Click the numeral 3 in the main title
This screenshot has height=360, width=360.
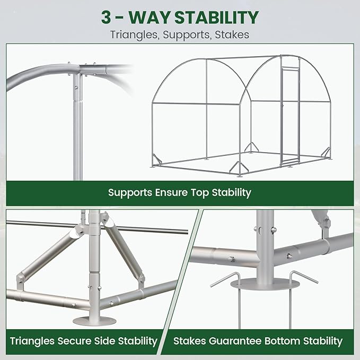(106, 17)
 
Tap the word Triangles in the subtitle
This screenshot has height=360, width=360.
(135, 35)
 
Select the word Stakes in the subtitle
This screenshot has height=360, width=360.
(232, 34)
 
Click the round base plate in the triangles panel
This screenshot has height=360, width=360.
(94, 320)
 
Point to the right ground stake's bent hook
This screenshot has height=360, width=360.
(303, 277)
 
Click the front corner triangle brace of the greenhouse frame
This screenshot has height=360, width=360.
(239, 167)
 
